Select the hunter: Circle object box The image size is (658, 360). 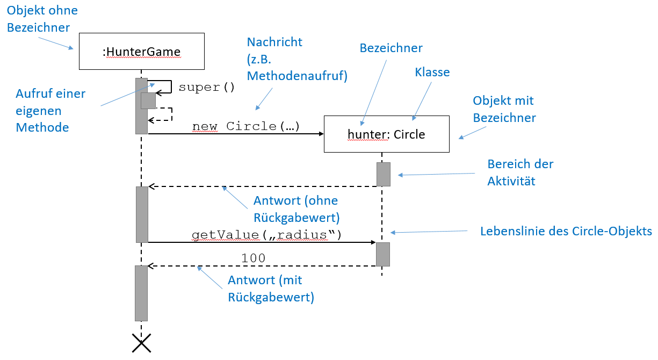(386, 134)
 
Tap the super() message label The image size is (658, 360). (207, 87)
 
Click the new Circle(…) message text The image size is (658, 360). (246, 126)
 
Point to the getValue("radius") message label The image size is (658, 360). (266, 235)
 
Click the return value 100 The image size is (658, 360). (254, 258)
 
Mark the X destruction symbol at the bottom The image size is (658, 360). (141, 343)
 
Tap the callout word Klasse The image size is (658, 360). (432, 72)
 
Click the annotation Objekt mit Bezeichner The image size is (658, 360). (504, 109)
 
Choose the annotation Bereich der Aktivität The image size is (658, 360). (520, 172)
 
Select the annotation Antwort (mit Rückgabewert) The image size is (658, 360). (271, 289)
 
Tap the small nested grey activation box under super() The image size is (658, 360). (148, 100)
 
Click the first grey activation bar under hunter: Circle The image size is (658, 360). (383, 174)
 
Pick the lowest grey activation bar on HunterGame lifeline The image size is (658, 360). (141, 293)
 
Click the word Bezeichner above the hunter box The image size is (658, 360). (391, 48)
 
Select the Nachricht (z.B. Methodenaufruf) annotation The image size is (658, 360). (297, 59)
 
